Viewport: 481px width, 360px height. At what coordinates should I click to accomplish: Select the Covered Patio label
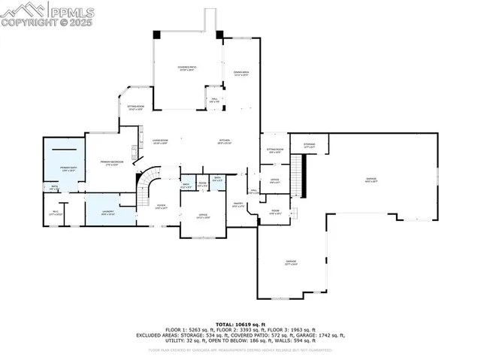point(186,69)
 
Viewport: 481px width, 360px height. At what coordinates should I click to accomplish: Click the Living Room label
point(159,141)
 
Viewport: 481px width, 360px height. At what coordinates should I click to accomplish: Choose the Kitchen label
point(225,141)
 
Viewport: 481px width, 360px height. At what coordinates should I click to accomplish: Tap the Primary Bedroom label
point(111,162)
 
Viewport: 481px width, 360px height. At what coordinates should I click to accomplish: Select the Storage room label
point(309,145)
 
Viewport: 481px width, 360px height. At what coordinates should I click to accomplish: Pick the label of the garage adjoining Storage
point(371,180)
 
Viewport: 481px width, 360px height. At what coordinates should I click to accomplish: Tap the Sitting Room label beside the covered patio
point(135,108)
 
